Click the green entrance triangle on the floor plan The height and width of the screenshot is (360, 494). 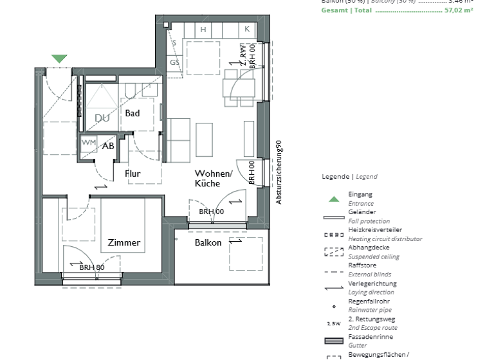(59, 59)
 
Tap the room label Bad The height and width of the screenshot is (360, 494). (133, 113)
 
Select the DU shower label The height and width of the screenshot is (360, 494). (102, 118)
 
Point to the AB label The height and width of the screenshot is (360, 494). (108, 146)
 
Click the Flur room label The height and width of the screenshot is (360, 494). (133, 174)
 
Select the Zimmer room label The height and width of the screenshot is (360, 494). (124, 242)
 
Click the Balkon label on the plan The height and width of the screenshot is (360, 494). (208, 242)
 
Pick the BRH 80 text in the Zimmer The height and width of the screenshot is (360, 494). (92, 267)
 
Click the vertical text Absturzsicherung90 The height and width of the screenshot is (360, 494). (279, 173)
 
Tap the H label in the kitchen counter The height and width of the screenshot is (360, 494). (203, 30)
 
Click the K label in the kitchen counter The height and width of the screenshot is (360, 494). (246, 30)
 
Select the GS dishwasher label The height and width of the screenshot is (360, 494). (174, 62)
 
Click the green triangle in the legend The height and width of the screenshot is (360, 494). (334, 199)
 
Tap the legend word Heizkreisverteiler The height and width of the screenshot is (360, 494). (375, 230)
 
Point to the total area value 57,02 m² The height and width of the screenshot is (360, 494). (460, 11)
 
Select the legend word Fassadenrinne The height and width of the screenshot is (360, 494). (370, 337)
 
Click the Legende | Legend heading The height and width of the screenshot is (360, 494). (349, 176)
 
